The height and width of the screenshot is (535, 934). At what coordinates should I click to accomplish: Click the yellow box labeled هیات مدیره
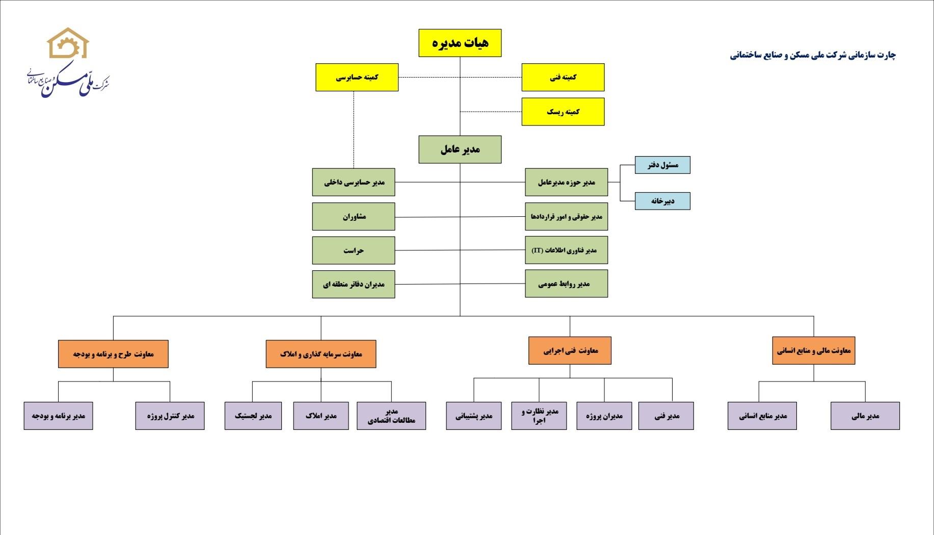[x=460, y=43]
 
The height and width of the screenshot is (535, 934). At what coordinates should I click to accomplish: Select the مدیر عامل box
[x=460, y=149]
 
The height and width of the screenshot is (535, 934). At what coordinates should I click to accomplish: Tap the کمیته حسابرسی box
[x=357, y=78]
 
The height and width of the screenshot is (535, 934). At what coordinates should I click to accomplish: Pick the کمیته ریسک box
[x=563, y=112]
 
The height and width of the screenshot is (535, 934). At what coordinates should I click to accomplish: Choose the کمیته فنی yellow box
[x=563, y=78]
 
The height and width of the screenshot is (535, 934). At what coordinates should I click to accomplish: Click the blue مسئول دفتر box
[x=662, y=165]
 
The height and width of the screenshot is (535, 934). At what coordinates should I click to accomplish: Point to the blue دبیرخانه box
[x=662, y=201]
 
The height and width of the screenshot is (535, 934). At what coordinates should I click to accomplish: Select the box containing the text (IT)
[x=567, y=250]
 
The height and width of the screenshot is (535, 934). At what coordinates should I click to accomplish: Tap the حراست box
[x=354, y=250]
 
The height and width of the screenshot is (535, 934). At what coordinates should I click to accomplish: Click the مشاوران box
[x=354, y=217]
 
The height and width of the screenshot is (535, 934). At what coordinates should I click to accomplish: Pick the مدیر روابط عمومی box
[x=567, y=284]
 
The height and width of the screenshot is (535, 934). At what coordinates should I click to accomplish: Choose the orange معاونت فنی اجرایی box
[x=570, y=350]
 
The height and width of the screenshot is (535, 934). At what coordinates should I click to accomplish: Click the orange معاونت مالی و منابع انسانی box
[x=814, y=350]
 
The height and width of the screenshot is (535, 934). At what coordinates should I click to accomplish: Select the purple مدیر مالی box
[x=865, y=416]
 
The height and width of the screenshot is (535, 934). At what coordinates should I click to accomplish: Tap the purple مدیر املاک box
[x=321, y=416]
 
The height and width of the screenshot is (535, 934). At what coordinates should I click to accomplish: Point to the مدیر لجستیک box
[x=253, y=416]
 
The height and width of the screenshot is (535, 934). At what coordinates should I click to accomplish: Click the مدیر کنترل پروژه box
[x=170, y=416]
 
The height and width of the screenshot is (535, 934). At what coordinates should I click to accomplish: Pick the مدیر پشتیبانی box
[x=474, y=416]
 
